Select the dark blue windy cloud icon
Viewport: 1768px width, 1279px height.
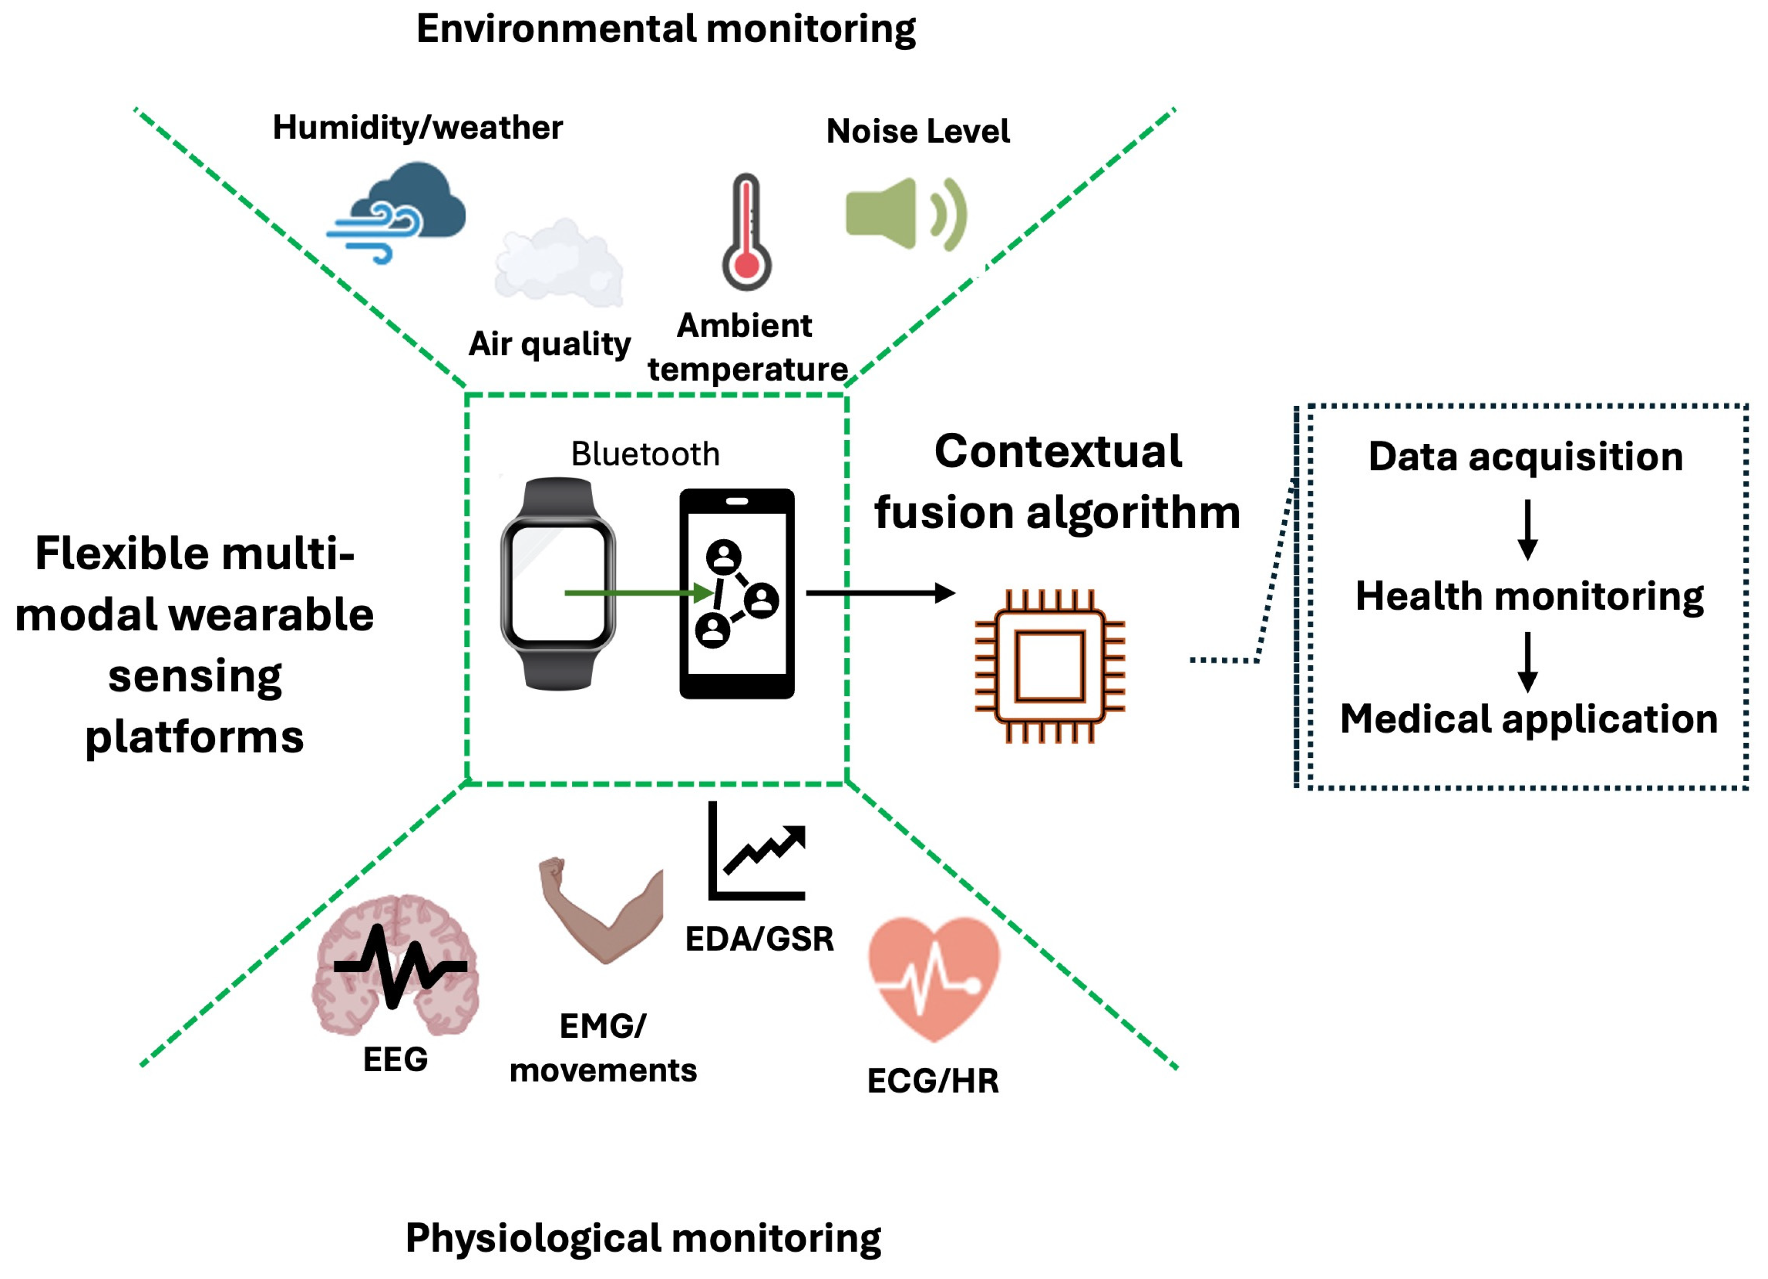tap(398, 210)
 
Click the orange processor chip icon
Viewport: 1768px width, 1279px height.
tap(1049, 667)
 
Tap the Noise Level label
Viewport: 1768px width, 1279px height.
tap(918, 131)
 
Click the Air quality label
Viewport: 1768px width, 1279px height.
tap(550, 344)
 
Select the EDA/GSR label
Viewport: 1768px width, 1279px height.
tap(760, 939)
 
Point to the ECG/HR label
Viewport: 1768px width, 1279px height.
tap(933, 1081)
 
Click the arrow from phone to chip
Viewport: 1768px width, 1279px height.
tap(880, 593)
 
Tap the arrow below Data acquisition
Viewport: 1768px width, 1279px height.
tap(1528, 529)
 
